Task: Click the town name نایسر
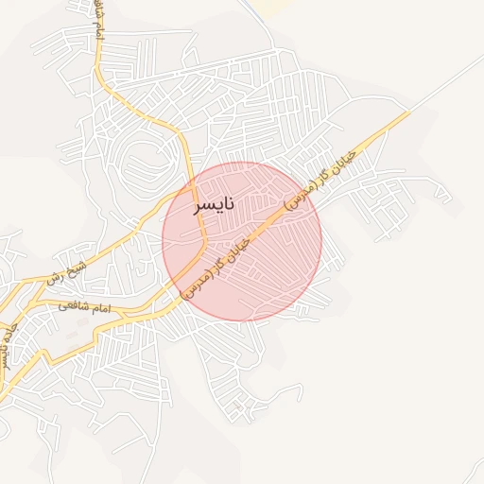tap(214, 204)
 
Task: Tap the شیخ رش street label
tap(67, 273)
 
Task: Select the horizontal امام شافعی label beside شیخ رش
tap(84, 306)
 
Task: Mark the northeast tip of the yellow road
tap(408, 112)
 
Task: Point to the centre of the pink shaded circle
tap(242, 241)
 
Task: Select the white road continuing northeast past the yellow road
tap(444, 85)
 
